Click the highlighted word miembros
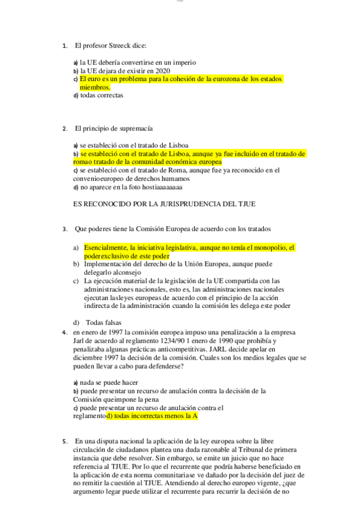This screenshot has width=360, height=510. click(x=95, y=87)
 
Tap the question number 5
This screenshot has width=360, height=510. click(x=64, y=441)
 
